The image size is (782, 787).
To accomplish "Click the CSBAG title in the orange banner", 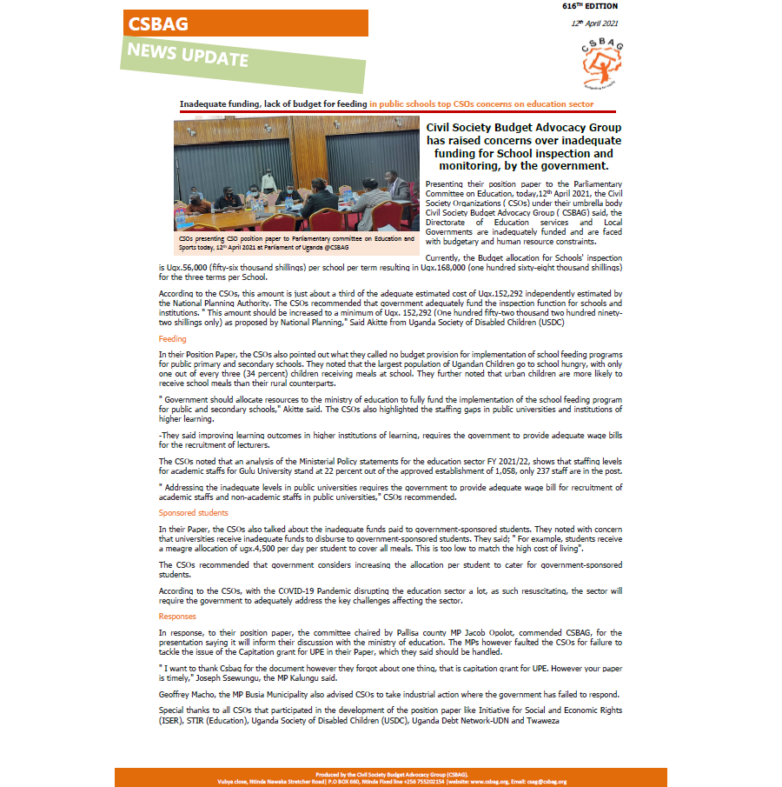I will pyautogui.click(x=157, y=24).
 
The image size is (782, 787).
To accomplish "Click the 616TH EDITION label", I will pyautogui.click(x=590, y=6).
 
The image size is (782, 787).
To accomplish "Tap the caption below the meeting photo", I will pyautogui.click(x=295, y=241).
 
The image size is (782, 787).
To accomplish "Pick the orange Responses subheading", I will pyautogui.click(x=177, y=617).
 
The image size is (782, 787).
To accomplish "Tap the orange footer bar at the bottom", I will pyautogui.click(x=391, y=777).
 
